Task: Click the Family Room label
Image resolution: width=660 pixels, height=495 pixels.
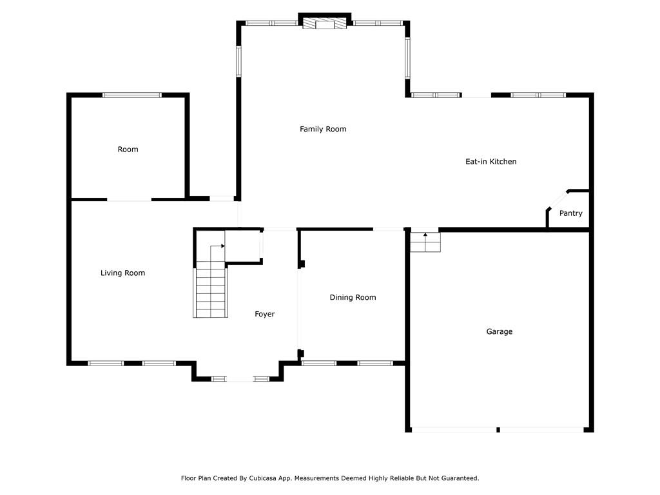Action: pos(323,129)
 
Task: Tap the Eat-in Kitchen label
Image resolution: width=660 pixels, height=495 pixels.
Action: pos(491,161)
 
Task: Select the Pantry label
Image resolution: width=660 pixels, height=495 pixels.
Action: pos(570,213)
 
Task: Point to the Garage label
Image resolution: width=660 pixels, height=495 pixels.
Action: pos(500,331)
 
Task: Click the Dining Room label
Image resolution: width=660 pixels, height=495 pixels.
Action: pos(353,297)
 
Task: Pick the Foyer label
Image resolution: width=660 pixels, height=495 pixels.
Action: pos(264,314)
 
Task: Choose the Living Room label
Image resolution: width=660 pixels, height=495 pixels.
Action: pos(122,273)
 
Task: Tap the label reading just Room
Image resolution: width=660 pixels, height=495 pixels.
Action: pos(128,149)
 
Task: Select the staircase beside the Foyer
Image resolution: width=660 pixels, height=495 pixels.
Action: pos(211,290)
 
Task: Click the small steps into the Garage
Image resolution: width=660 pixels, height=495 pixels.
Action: pos(425,242)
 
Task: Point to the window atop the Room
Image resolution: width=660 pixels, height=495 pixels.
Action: pos(132,95)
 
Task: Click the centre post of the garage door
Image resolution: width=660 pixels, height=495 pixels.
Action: pos(498,429)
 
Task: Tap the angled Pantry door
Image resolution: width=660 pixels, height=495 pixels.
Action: pos(556,199)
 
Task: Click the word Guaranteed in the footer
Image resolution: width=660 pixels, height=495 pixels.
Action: pos(458,478)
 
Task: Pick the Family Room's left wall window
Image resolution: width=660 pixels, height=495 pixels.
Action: pos(238,61)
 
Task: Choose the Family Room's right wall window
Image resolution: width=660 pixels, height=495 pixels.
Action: pos(407,57)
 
